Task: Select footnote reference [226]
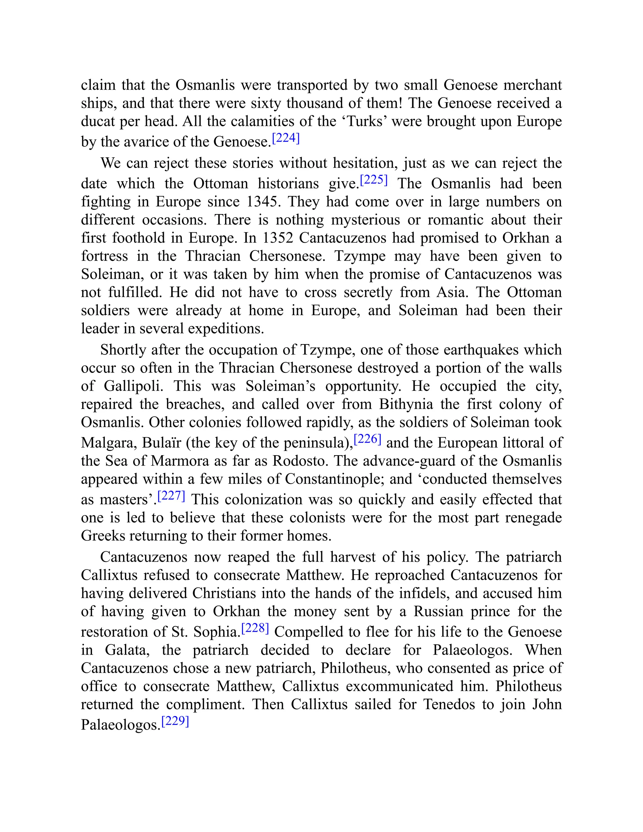pyautogui.click(x=368, y=439)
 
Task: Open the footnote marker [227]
pyautogui.click(x=171, y=496)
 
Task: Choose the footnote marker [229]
pyautogui.click(x=175, y=721)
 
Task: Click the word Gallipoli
pyautogui.click(x=133, y=386)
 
